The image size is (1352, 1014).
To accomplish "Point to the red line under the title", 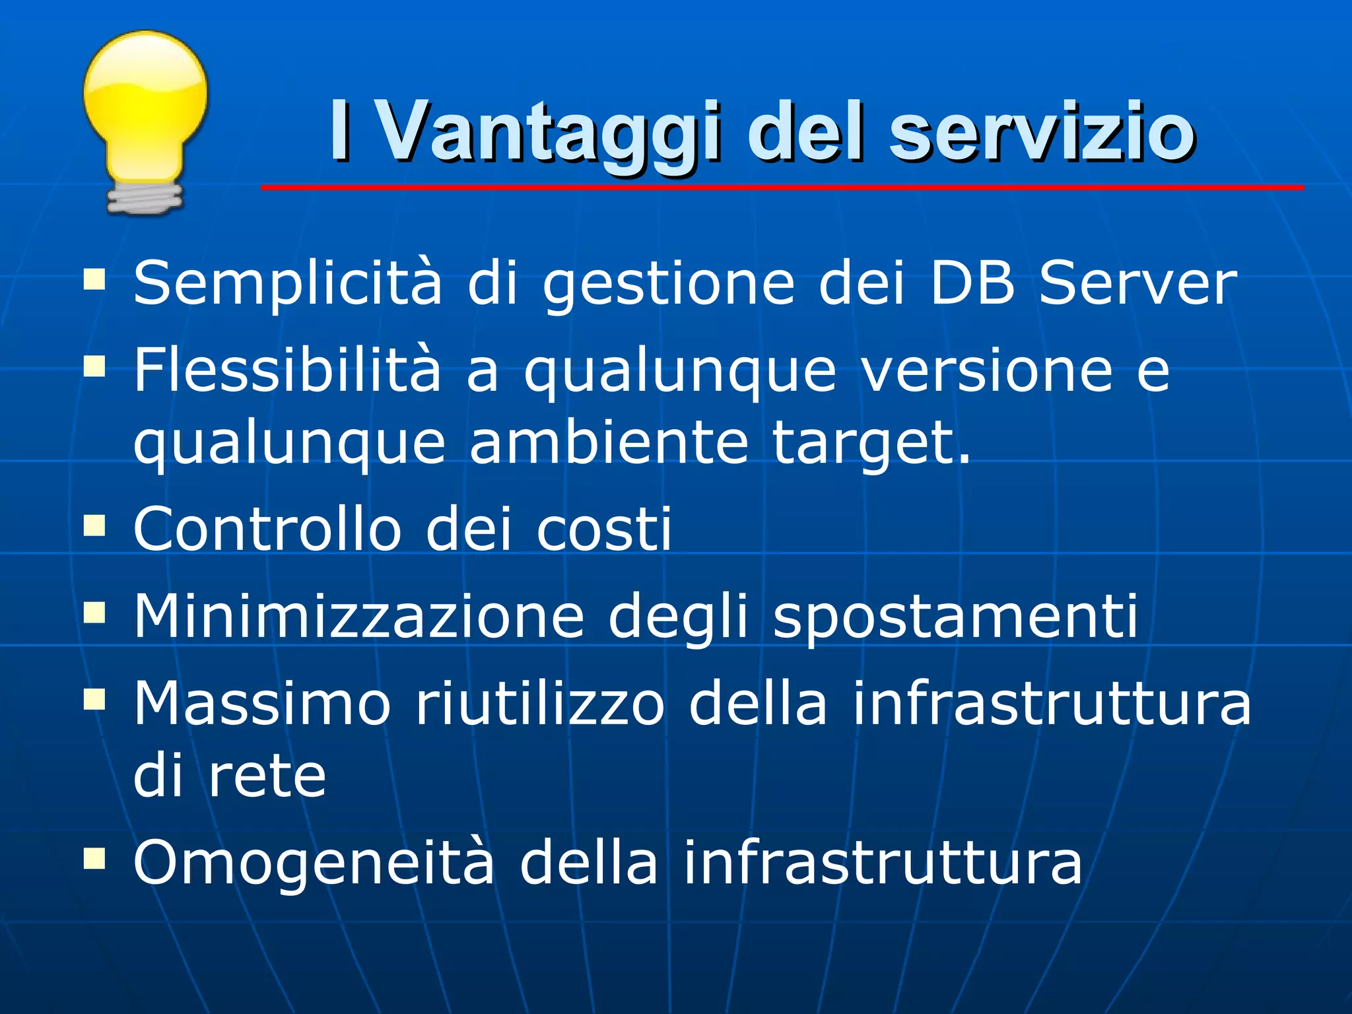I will coord(782,188).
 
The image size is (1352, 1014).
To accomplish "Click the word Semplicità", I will coord(287,284).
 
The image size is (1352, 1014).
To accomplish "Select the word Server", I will coord(1137,284).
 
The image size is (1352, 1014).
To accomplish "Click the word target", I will coord(871,444).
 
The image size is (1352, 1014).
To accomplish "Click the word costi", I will coord(603,529).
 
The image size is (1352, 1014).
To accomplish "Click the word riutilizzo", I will coord(539,704).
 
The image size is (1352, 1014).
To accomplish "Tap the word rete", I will coord(267,776).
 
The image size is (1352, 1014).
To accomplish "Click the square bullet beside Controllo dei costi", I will coord(95,527).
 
